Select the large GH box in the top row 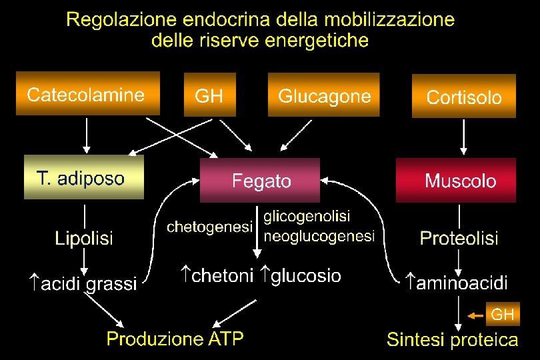coord(209,95)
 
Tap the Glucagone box coord(323,95)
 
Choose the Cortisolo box coord(464,97)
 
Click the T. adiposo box coord(83,177)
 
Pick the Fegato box coord(260,180)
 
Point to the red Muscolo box coord(456,180)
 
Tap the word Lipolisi coord(84,237)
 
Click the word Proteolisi coord(459,237)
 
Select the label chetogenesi coord(209,227)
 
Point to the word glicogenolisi coord(307,217)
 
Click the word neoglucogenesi coord(320,236)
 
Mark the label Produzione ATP coord(175,339)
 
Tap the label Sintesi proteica coord(452,340)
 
